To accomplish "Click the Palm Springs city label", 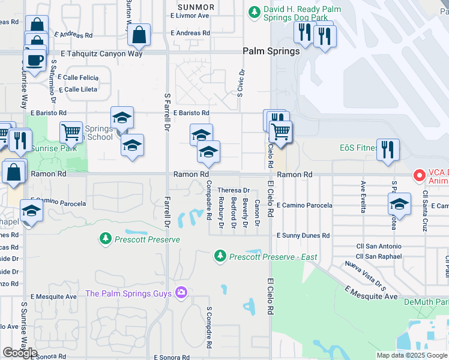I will (x=271, y=51).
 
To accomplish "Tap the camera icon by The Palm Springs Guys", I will (x=181, y=293).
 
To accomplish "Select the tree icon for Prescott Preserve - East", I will (x=220, y=257).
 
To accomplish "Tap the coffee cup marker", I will (x=34, y=61).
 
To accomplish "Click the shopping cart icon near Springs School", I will (x=71, y=133).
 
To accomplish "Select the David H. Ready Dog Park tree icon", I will (x=255, y=11).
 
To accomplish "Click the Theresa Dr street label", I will (x=233, y=190).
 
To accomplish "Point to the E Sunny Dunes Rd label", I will (x=303, y=236).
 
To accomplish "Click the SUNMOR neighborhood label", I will (x=192, y=6).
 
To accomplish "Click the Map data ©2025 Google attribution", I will (x=412, y=355).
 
